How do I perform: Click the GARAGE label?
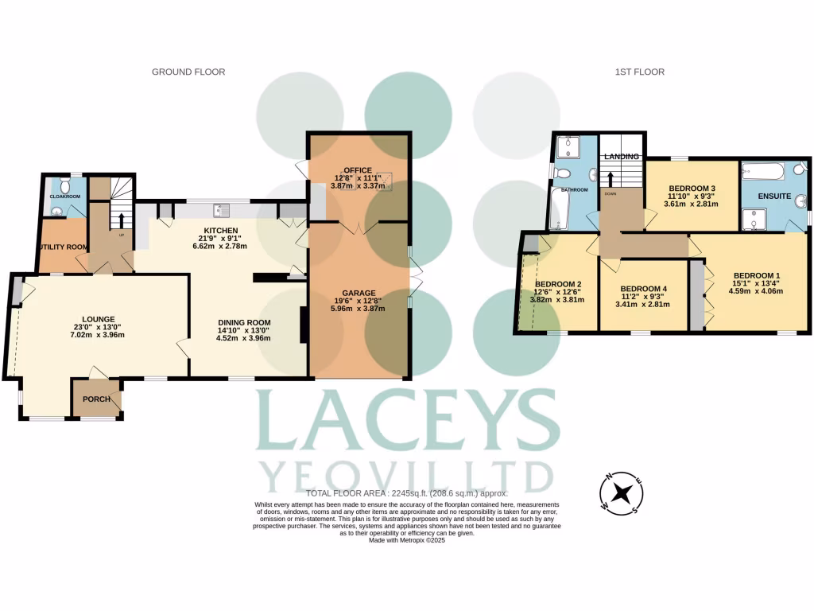pos(359,293)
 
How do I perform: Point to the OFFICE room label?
pos(359,169)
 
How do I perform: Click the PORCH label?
pos(97,399)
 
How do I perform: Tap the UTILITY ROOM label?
pos(64,247)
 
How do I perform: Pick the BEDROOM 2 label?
pos(558,284)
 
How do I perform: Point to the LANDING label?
pos(621,156)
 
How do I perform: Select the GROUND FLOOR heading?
pos(188,72)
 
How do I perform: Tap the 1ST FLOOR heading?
pos(639,72)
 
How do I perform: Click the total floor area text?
pos(406,494)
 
